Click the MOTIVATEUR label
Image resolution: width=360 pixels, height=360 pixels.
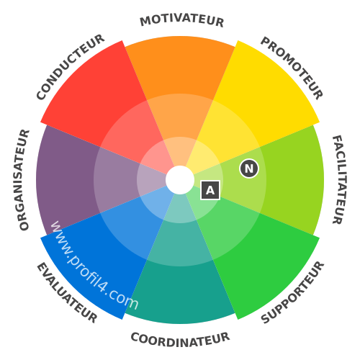[x=182, y=21]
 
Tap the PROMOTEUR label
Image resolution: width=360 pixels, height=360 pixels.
[x=292, y=68]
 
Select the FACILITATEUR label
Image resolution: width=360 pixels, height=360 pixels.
[x=340, y=180]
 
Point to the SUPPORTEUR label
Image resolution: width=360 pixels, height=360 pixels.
[x=292, y=292]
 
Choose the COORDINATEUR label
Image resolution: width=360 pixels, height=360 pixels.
[x=180, y=340]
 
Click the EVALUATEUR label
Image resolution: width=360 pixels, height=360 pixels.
[x=67, y=293]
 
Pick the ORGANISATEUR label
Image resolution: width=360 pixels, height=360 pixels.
[x=24, y=180]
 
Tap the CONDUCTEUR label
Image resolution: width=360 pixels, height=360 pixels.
[x=71, y=67]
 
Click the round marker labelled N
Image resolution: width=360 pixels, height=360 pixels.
[x=249, y=168]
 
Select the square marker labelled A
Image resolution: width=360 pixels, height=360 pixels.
[x=210, y=190]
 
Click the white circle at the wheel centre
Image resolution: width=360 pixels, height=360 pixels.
[x=180, y=180]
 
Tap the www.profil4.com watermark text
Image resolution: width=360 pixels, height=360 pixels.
[x=94, y=266]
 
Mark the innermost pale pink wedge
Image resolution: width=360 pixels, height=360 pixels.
[x=157, y=157]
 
